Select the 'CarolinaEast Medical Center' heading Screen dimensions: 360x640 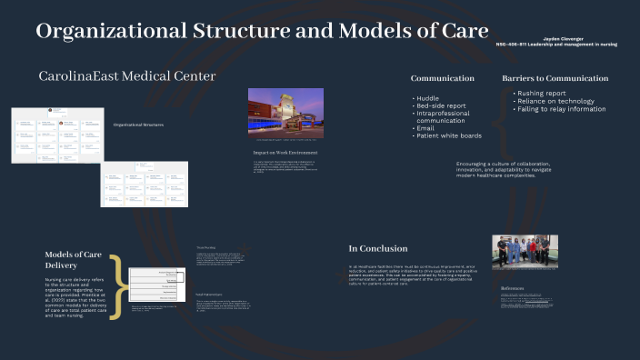pyautogui.click(x=127, y=76)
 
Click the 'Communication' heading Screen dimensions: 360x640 pyautogui.click(x=442, y=78)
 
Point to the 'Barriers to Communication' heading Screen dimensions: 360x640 pyautogui.click(x=555, y=78)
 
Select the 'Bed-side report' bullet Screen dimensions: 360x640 pyautogui.click(x=441, y=105)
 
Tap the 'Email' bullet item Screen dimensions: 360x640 pyautogui.click(x=425, y=128)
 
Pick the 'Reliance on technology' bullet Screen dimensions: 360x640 pyautogui.click(x=556, y=101)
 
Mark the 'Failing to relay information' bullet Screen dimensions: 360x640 pyautogui.click(x=562, y=108)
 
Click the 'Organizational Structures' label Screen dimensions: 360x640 pyautogui.click(x=138, y=125)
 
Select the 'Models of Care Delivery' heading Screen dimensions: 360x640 pyautogui.click(x=75, y=260)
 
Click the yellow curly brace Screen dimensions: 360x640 pyautogui.click(x=115, y=285)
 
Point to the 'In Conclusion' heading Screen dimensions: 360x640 pyautogui.click(x=378, y=248)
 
